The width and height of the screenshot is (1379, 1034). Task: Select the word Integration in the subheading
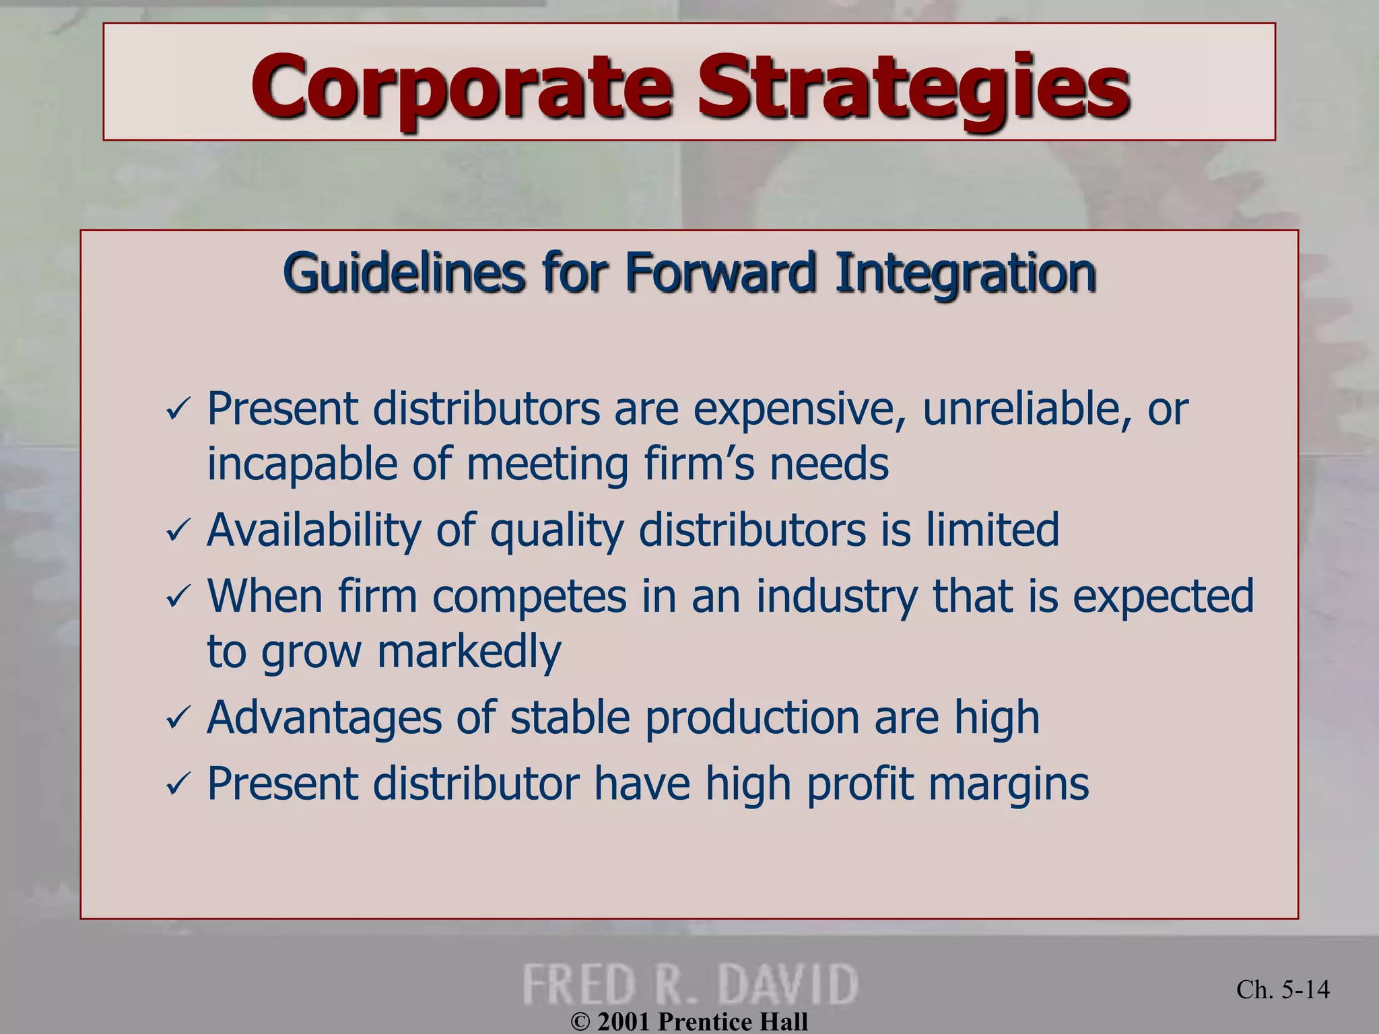point(966,273)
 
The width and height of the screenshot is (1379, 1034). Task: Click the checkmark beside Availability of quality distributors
point(178,531)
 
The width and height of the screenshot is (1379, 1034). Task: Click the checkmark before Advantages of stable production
point(178,718)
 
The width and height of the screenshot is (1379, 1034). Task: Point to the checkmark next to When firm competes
point(178,597)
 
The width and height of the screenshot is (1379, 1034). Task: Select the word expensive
point(799,410)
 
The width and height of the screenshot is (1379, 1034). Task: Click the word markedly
point(469,652)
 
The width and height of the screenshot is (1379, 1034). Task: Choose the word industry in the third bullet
point(836,597)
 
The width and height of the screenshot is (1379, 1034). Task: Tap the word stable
point(570,718)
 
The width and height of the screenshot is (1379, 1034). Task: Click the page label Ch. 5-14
point(1283,989)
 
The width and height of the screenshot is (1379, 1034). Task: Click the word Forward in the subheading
point(720,273)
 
